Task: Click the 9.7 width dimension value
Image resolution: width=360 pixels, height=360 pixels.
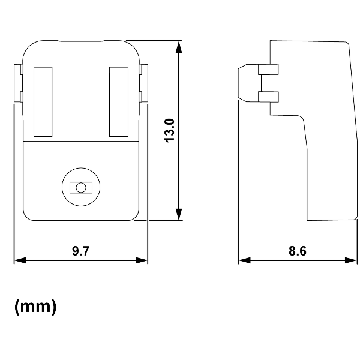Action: click(80, 251)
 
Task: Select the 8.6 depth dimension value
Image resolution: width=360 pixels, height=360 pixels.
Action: click(298, 251)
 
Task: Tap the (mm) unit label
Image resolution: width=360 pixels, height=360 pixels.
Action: click(35, 307)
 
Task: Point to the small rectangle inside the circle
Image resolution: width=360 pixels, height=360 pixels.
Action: click(79, 188)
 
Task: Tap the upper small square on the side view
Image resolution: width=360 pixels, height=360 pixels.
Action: click(268, 70)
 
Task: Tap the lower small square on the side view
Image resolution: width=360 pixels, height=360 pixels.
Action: click(268, 96)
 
